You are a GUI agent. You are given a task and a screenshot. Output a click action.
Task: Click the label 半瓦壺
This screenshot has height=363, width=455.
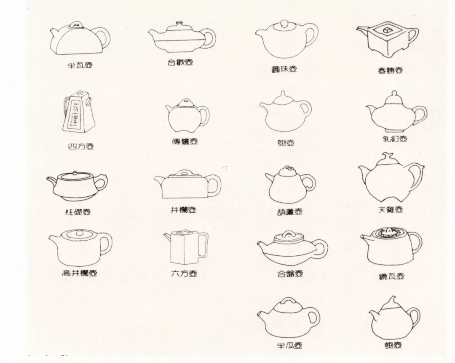80,65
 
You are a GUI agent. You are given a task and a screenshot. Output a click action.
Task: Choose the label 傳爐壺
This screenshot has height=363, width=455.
185,141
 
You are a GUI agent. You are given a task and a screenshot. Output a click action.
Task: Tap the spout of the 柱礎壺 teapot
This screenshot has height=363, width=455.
53,182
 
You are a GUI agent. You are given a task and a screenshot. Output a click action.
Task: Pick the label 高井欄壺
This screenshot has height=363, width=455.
80,273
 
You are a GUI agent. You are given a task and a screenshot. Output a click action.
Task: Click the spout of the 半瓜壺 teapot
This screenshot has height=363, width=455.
263,314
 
